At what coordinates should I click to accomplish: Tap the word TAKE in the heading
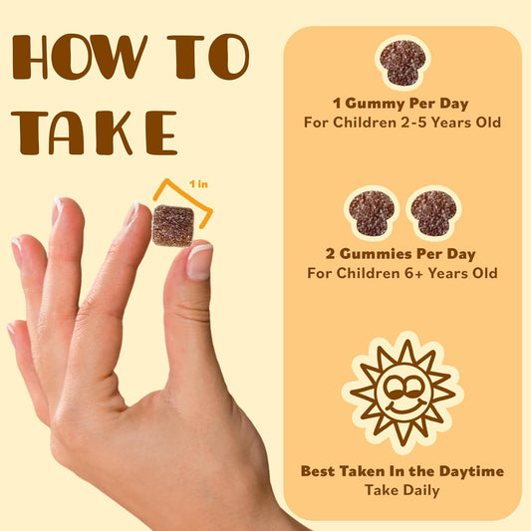point(94,133)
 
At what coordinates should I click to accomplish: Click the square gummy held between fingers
point(173,225)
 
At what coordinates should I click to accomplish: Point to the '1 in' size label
point(198,184)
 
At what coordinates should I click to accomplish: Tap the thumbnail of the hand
point(199,262)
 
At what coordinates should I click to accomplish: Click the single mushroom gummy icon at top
point(402,63)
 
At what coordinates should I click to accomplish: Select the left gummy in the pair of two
point(372,213)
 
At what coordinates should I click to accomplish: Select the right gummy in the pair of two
point(433,213)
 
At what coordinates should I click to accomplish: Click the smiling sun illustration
point(402,393)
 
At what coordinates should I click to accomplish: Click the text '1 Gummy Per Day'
point(400,104)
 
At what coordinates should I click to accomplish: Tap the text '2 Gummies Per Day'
point(400,254)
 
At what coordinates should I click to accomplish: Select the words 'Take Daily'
point(401,490)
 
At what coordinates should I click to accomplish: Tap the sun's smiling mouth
point(405,406)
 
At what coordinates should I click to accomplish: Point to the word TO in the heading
point(208,56)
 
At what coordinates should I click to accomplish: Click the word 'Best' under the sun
point(319,471)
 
